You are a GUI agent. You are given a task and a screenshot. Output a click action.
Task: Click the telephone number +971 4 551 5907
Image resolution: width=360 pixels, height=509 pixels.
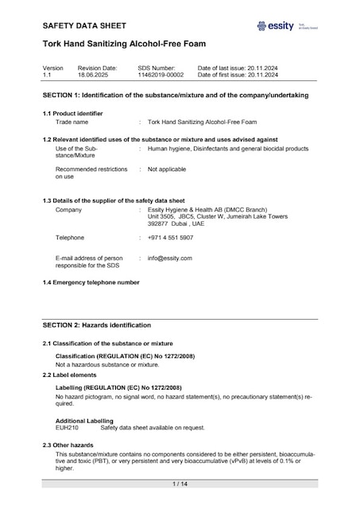170,238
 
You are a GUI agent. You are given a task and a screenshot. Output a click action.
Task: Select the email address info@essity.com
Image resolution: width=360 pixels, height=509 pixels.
169,258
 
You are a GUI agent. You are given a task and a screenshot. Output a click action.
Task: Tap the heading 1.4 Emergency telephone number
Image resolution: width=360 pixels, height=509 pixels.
91,283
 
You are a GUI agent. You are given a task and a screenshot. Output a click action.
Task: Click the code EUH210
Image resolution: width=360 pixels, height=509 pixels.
67,428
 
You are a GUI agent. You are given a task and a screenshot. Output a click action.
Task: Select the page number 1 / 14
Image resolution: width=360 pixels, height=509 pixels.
180,484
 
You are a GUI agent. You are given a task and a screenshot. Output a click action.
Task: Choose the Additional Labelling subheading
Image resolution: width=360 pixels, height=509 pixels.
84,421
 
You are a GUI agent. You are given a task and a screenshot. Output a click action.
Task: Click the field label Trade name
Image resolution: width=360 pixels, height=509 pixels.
72,122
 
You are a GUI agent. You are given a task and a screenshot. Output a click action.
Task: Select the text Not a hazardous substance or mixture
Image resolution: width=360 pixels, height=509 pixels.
107,364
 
